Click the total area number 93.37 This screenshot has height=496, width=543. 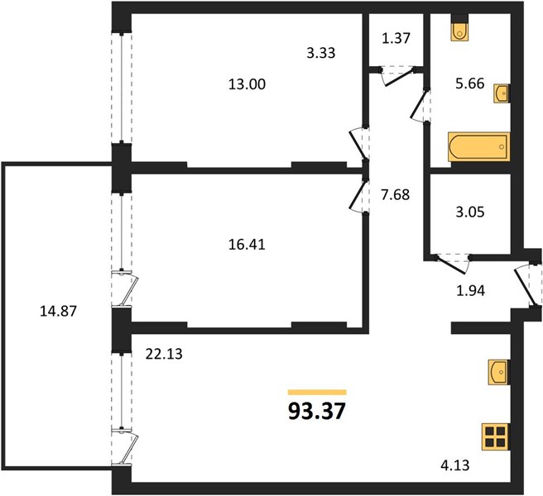[x=317, y=411]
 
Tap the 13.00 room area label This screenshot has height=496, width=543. [x=247, y=84]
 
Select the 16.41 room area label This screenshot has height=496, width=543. [x=247, y=245]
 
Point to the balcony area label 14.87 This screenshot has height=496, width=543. [x=58, y=312]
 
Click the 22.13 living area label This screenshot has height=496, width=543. [x=164, y=354]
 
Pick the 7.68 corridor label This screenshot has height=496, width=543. [x=395, y=195]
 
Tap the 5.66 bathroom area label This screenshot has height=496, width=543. [x=469, y=83]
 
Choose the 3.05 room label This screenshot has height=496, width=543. [x=470, y=212]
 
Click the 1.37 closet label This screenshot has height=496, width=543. [x=396, y=38]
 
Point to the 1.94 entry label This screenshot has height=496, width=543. [x=471, y=291]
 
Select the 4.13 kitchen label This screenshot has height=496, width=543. [x=455, y=465]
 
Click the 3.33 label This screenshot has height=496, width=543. [x=321, y=53]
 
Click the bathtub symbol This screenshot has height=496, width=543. [x=479, y=146]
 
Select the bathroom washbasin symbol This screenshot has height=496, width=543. [x=502, y=93]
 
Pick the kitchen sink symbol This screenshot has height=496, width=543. [x=499, y=372]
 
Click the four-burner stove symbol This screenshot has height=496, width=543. [x=496, y=436]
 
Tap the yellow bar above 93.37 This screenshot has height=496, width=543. [x=317, y=392]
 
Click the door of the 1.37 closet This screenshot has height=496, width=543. [x=398, y=77]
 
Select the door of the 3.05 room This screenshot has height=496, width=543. [x=452, y=265]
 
